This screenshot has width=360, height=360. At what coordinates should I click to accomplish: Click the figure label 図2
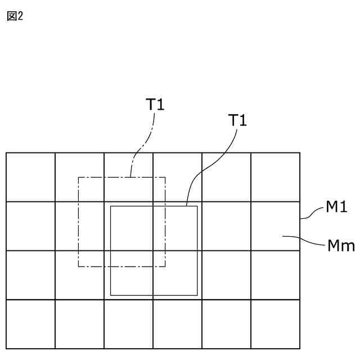(14, 15)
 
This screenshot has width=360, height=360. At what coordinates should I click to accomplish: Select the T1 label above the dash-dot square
(155, 104)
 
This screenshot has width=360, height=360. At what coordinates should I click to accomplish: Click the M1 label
(336, 209)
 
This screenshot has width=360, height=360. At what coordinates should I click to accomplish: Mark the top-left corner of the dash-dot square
(79, 178)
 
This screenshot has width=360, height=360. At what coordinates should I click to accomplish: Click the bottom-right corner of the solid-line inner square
(197, 295)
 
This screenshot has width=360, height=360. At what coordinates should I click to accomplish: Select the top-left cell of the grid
(30, 177)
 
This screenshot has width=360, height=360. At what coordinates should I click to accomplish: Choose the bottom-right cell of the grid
(275, 325)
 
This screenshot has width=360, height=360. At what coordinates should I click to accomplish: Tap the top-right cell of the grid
(275, 177)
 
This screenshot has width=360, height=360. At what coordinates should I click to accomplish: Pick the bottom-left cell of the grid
(30, 325)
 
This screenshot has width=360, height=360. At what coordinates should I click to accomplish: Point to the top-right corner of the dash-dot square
(165, 178)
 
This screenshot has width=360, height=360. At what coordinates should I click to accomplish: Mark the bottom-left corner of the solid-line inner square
(111, 295)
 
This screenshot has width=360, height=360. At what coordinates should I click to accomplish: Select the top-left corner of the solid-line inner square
(111, 206)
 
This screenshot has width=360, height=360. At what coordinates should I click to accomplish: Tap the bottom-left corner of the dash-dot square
(79, 267)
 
